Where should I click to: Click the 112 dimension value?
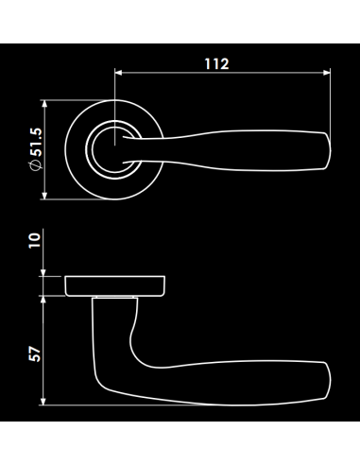216,64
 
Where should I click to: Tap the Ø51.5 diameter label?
36,149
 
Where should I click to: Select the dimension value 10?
35,241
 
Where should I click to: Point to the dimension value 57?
35,354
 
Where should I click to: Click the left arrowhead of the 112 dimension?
118,73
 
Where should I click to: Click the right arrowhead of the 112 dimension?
327,73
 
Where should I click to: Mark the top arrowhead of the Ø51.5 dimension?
44,104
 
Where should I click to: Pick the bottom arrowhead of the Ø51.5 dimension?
44,196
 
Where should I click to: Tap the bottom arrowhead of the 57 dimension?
43,401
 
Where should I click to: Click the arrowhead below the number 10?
43,272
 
